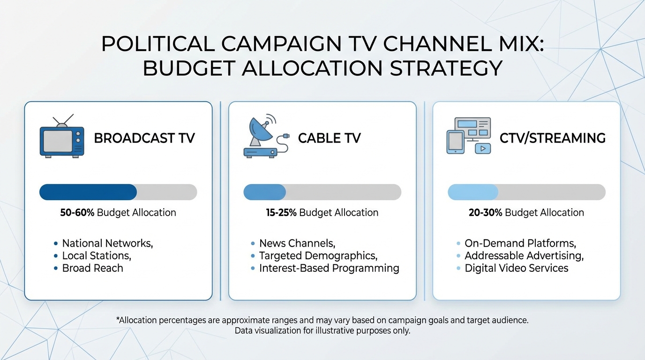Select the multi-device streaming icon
point(468,136)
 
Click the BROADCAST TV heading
point(144,138)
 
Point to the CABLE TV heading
point(329,138)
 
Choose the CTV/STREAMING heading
point(553,138)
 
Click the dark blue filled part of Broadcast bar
point(88,192)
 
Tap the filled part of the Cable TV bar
point(265,192)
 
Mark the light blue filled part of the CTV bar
point(473,192)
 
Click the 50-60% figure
point(77,212)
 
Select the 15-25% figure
point(281,212)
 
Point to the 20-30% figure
point(485,212)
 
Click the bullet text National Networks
point(107,243)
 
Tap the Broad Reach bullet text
point(93,268)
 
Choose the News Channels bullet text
point(297,243)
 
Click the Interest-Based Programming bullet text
point(329,268)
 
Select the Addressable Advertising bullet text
point(524,256)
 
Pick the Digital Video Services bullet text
point(516,268)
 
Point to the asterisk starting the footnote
point(118,319)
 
